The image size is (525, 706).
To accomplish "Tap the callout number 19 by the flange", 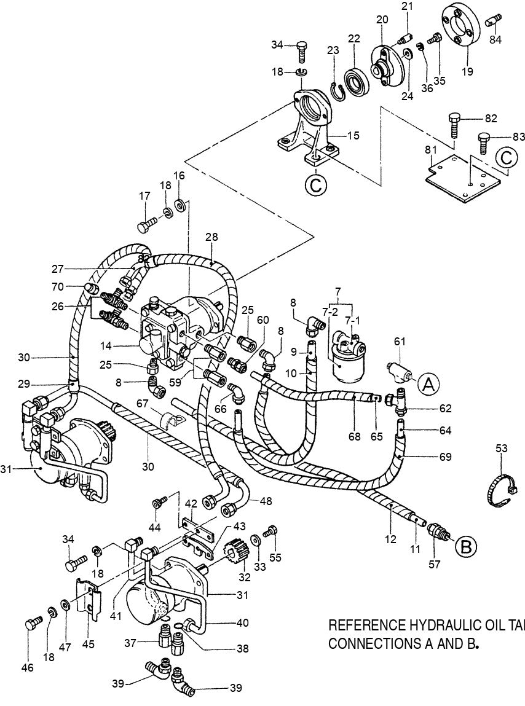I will (x=467, y=71).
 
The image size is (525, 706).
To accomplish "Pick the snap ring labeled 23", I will (x=336, y=91).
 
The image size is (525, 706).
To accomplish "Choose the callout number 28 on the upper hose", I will (x=211, y=237).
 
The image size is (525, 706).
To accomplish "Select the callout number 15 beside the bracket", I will (x=352, y=135).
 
